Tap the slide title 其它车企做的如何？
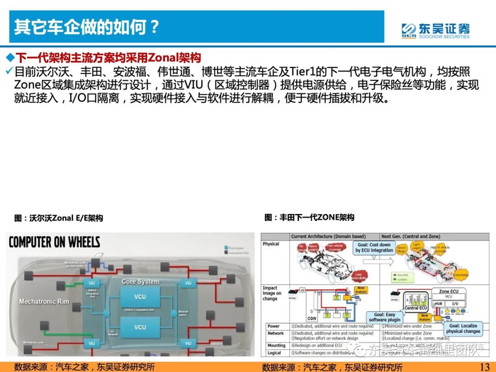click(86, 28)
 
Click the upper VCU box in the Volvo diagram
click(140, 295)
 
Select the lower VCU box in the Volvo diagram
click(140, 327)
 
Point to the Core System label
click(140, 281)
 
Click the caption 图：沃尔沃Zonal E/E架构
click(58, 218)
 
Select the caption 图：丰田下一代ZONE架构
click(310, 218)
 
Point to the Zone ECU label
click(453, 291)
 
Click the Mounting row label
click(275, 346)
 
